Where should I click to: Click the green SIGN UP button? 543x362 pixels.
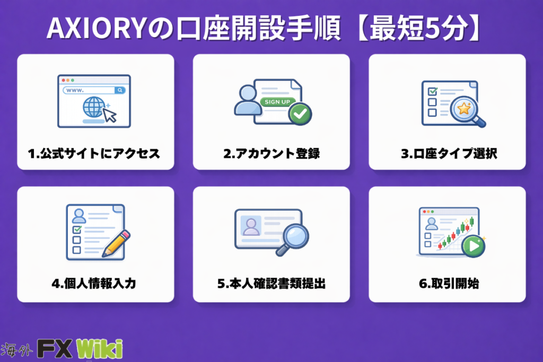(277, 102)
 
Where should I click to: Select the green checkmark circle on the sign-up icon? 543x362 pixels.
(300, 113)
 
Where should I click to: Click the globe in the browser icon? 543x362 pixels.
(94, 107)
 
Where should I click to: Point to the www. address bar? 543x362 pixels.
(94, 90)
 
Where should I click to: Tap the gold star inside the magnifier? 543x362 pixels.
(463, 109)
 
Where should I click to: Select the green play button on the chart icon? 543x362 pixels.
(474, 246)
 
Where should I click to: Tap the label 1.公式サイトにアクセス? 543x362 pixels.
(94, 153)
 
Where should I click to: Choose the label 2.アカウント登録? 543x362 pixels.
(271, 153)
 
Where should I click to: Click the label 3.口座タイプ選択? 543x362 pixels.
(449, 153)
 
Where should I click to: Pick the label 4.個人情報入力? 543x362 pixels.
(94, 284)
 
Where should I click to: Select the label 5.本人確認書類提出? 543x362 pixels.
(271, 284)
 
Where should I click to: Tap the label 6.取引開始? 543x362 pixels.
(449, 284)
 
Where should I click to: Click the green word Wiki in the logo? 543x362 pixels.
(99, 349)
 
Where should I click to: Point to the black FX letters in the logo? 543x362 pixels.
(55, 349)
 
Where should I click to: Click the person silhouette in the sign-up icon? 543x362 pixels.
(248, 100)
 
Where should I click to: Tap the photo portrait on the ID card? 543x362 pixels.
(251, 226)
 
